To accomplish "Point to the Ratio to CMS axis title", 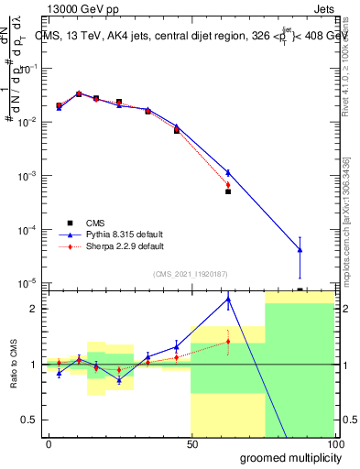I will pyautogui.click(x=14, y=365).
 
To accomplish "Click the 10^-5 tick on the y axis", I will pyautogui.click(x=30, y=282).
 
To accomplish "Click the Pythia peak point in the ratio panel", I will pyautogui.click(x=228, y=299).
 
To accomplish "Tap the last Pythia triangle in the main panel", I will pyautogui.click(x=300, y=250).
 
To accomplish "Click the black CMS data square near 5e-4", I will pyautogui.click(x=228, y=191).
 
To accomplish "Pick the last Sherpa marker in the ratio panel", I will pyautogui.click(x=228, y=342).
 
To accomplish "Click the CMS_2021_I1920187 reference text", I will pyautogui.click(x=190, y=273).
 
